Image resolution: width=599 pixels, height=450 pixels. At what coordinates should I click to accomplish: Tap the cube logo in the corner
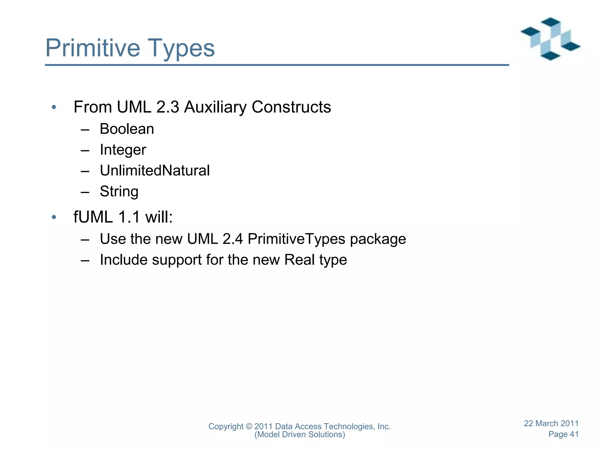550,39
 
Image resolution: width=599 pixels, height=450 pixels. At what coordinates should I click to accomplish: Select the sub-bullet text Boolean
127,129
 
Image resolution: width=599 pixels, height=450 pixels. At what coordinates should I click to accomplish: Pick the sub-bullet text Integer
123,150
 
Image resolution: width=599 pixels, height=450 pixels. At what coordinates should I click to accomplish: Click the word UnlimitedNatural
155,171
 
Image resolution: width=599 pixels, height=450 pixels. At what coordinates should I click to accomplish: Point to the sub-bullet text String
119,192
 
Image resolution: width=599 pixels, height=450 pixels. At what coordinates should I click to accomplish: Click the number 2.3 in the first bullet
168,107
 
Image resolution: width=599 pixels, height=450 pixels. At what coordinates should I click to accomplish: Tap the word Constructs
291,107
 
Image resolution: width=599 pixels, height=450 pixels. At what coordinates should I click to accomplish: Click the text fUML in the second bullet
93,217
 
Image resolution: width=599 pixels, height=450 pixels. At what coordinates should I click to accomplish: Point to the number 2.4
233,239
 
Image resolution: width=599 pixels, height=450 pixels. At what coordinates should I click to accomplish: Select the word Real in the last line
299,260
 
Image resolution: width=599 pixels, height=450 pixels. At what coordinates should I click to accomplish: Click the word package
378,239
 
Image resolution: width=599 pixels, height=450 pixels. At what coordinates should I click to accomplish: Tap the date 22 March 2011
551,423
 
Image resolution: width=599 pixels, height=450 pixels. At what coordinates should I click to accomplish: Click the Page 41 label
563,434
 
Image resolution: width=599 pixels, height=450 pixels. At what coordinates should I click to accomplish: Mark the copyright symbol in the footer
249,427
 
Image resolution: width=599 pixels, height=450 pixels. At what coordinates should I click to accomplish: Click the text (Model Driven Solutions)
300,434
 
